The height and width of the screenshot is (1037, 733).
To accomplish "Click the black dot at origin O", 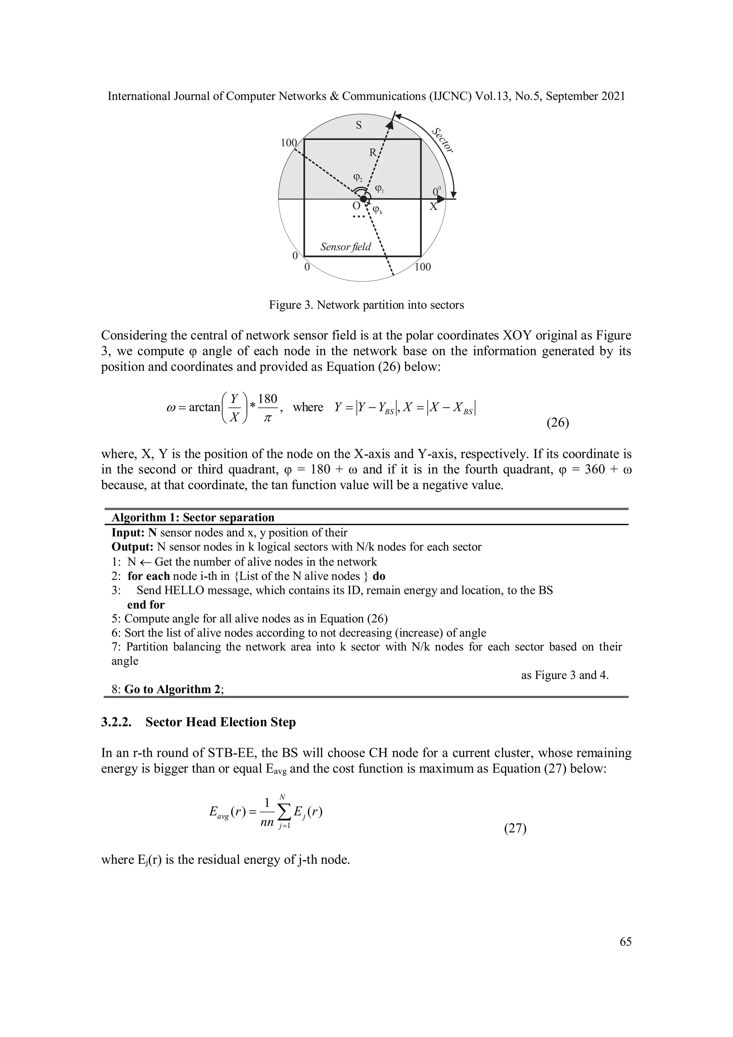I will click(x=363, y=199).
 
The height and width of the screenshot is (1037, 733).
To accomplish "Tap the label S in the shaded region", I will click(x=359, y=125).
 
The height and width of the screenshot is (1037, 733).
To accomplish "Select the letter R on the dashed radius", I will click(x=373, y=152).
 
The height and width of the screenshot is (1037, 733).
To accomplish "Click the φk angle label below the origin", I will click(x=378, y=209).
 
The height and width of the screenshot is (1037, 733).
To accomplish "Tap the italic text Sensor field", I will click(x=345, y=247).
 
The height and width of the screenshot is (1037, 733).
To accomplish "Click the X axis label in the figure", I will click(x=433, y=207).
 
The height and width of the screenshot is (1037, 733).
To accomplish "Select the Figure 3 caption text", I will click(x=366, y=305).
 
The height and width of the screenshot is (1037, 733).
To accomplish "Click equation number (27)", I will click(x=515, y=829).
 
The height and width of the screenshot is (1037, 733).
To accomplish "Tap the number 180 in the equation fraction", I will click(x=267, y=399).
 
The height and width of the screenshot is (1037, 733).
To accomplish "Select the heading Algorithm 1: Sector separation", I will click(x=193, y=518).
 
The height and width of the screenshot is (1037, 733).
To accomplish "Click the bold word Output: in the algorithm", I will click(x=133, y=547).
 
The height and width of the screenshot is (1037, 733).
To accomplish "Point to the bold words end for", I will click(x=146, y=605).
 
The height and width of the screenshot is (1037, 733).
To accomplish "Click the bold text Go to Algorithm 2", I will click(x=173, y=689).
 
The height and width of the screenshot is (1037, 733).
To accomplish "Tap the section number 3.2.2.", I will click(x=116, y=722).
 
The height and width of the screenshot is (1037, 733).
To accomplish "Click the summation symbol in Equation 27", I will click(x=283, y=813).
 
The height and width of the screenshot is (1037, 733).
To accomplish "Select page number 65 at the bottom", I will click(x=626, y=942).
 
